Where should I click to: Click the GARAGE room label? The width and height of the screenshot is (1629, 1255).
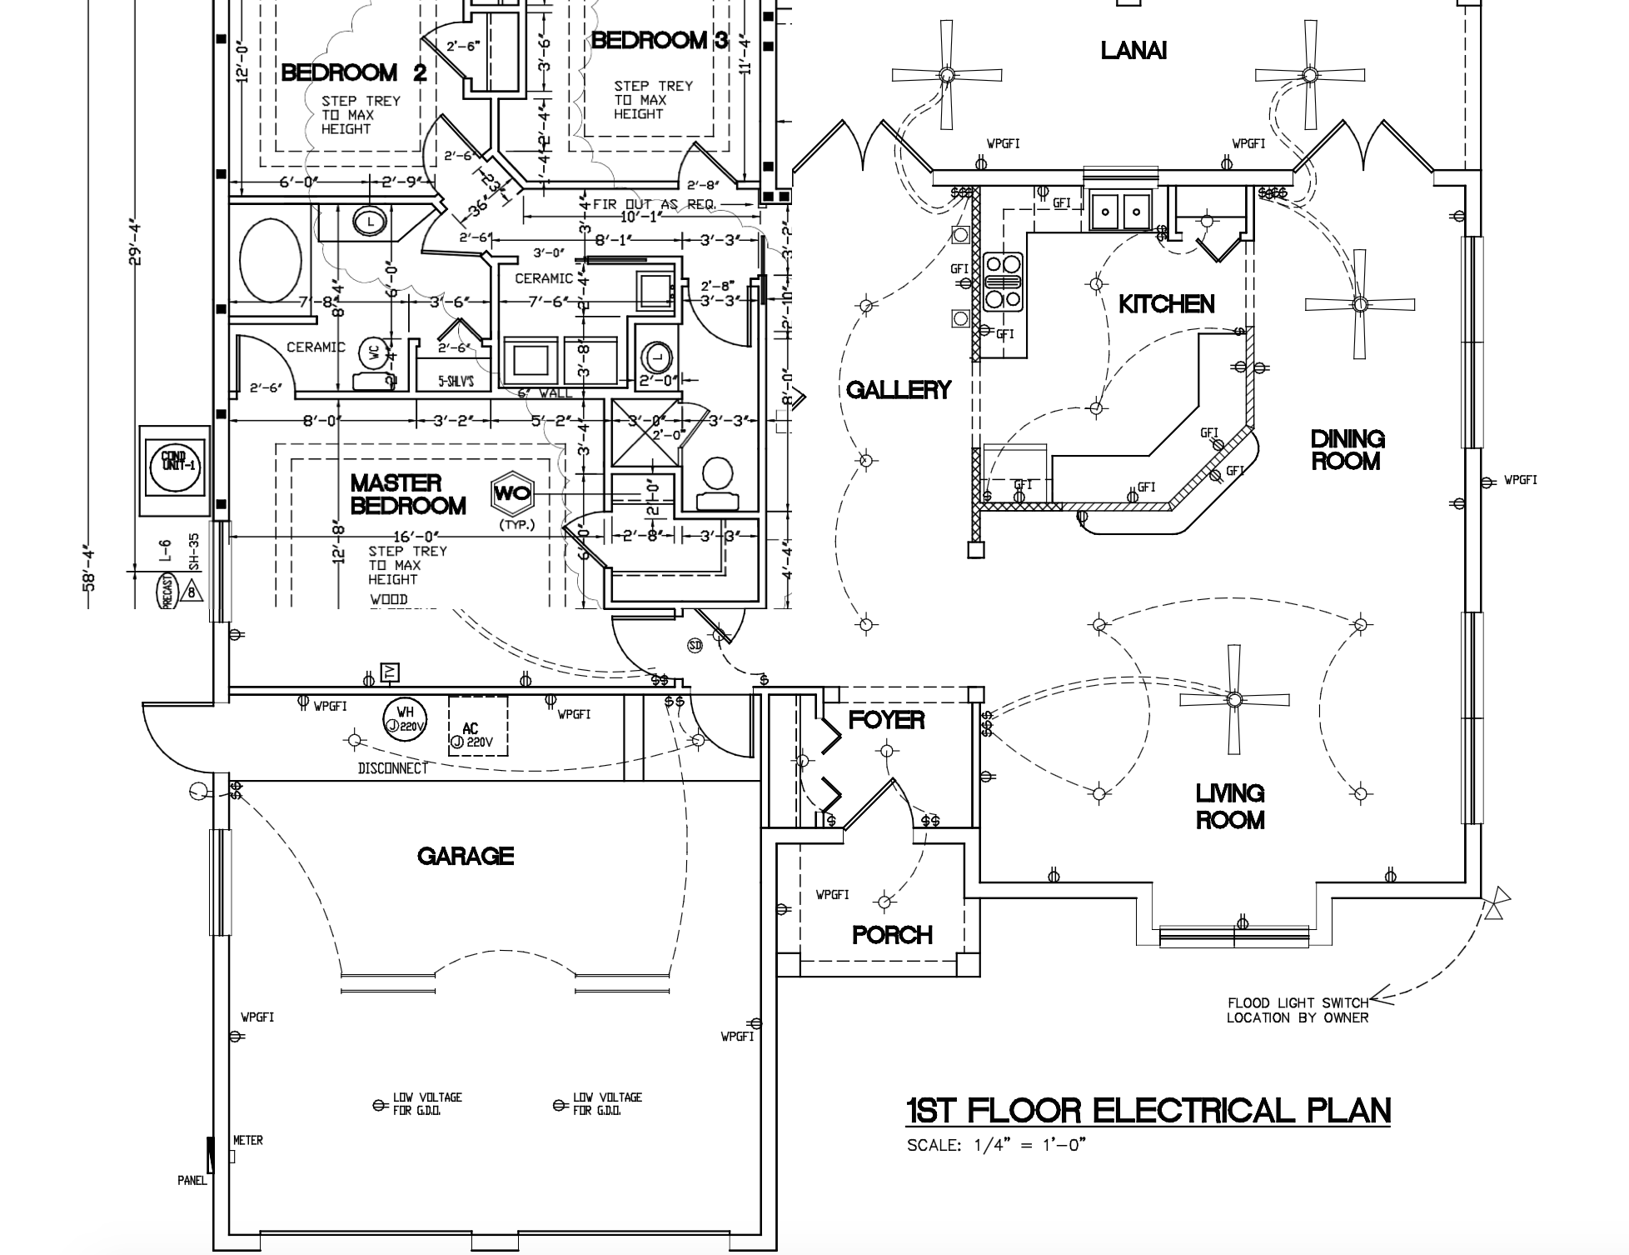coord(466,856)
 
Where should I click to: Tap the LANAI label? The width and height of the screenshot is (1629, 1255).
coord(1133,51)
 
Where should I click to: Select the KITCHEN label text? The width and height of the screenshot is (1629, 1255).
coord(1166,304)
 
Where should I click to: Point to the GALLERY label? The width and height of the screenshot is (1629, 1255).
coord(899,389)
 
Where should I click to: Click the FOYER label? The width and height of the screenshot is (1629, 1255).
coord(886,720)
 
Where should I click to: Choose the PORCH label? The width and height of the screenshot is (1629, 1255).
coord(892,935)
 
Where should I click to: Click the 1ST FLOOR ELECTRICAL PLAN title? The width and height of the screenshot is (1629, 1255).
coord(1148,1110)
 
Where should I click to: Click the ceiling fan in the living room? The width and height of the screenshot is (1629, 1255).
coord(1233,698)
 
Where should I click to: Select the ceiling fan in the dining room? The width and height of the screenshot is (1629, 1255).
coord(1359,304)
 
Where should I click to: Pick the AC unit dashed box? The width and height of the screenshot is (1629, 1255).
coord(478,726)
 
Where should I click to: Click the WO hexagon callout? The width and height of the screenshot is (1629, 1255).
coord(511,493)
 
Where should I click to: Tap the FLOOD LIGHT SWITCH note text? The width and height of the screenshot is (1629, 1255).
coord(1298,1010)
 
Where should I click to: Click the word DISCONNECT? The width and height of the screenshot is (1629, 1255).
coord(392,768)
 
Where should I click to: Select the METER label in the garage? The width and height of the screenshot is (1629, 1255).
coord(247,1140)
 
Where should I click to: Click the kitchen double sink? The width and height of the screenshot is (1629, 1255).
coord(1120,210)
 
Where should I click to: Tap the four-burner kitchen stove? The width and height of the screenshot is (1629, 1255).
coord(1003,282)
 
